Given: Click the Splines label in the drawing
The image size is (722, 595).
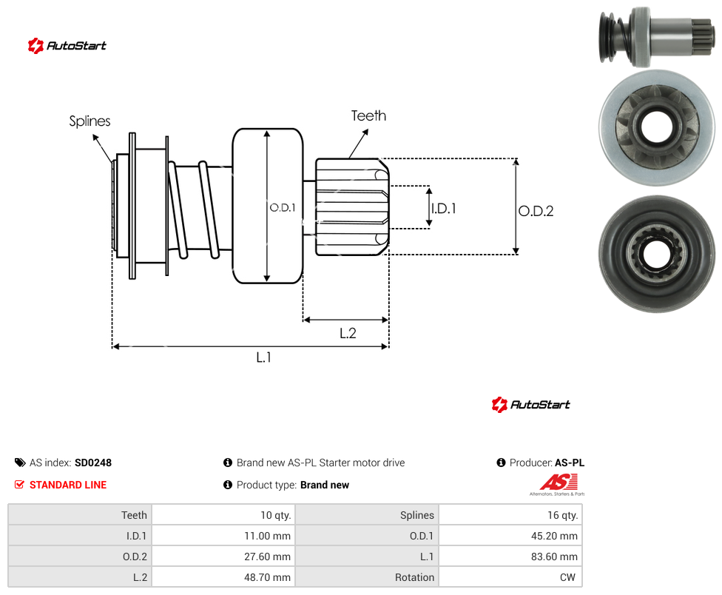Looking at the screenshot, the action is [x=90, y=121].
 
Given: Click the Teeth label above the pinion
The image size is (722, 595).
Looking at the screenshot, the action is [x=368, y=115].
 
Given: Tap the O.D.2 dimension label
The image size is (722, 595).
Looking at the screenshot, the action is [x=536, y=211].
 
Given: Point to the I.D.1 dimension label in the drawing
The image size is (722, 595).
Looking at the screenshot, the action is [x=443, y=209].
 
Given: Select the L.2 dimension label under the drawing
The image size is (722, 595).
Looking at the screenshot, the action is [x=348, y=333].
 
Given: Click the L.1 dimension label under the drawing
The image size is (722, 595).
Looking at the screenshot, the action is [x=264, y=357].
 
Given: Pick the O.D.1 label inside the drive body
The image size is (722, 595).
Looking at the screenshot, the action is [x=283, y=208].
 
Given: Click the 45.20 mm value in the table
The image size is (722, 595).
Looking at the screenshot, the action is [x=554, y=536].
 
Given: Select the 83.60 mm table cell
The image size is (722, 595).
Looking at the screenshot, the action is [x=554, y=557].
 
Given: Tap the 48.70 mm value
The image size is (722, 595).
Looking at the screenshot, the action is [x=267, y=577].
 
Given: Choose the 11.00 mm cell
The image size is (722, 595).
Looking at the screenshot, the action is [x=267, y=536].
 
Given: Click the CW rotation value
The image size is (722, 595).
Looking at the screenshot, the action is [x=567, y=577].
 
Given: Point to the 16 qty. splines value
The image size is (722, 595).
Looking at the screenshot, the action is [x=563, y=515].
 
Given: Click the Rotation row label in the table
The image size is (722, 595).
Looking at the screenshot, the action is [x=414, y=577].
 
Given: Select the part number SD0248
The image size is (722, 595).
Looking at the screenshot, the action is [x=93, y=463].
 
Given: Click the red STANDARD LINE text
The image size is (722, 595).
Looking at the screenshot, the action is [x=68, y=485].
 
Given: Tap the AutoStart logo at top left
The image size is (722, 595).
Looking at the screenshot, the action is [x=67, y=46].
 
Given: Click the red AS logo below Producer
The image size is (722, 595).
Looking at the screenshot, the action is [x=558, y=485].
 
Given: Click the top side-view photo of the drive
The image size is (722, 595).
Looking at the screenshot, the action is [x=657, y=36].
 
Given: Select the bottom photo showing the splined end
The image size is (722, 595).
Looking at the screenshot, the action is [x=657, y=254].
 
